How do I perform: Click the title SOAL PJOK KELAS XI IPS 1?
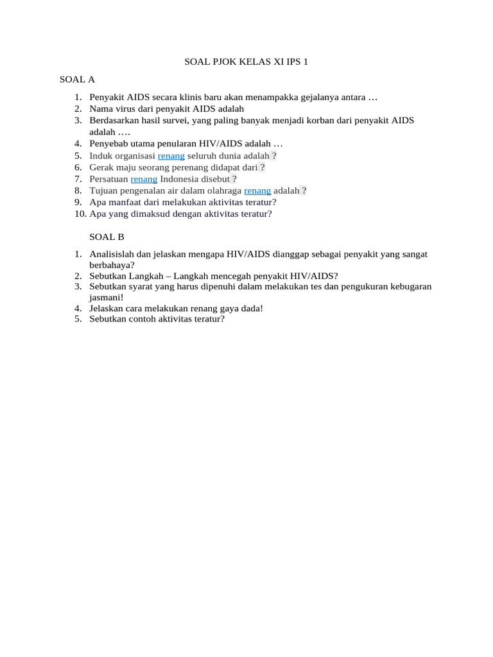pyautogui.click(x=246, y=62)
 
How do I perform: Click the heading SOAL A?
pyautogui.click(x=77, y=80)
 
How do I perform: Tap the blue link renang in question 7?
pyautogui.click(x=144, y=179)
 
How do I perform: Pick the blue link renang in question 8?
pyautogui.click(x=257, y=191)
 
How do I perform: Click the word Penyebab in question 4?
pyautogui.click(x=108, y=144)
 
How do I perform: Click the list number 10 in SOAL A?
pyautogui.click(x=80, y=214)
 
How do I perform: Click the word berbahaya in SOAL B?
pyautogui.click(x=110, y=264)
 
